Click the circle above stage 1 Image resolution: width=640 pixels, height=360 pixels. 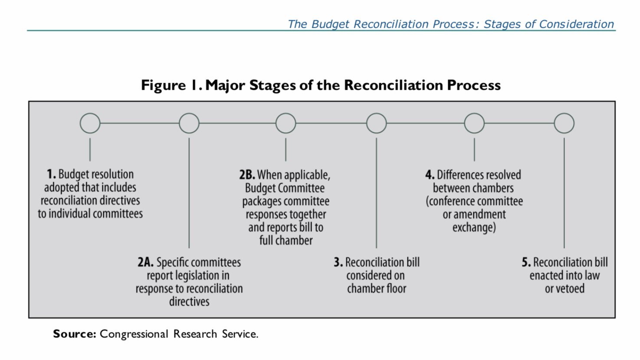click(x=90, y=123)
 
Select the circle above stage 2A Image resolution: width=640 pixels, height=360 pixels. click(x=189, y=123)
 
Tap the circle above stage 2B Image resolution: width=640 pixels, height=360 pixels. click(x=286, y=123)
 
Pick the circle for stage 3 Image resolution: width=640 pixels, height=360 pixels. click(x=376, y=123)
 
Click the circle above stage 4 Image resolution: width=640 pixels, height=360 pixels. click(x=474, y=123)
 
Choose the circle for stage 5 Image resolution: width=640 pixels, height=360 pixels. click(x=564, y=123)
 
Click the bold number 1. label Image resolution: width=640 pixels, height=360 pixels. click(x=51, y=174)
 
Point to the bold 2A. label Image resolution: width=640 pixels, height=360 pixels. click(x=145, y=262)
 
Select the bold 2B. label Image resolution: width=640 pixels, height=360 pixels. click(x=247, y=175)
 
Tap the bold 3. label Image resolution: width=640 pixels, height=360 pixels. click(x=338, y=262)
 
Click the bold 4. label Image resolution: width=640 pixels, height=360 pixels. click(x=430, y=175)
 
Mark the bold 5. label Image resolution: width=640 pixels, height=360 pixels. click(x=526, y=262)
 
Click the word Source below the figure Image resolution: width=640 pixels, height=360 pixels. click(x=74, y=334)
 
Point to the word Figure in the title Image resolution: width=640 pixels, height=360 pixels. click(x=163, y=85)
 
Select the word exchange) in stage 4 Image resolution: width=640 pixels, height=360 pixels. click(x=474, y=227)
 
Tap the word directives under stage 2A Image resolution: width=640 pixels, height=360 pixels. click(x=189, y=301)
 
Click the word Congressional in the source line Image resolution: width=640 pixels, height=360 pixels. click(x=134, y=334)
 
